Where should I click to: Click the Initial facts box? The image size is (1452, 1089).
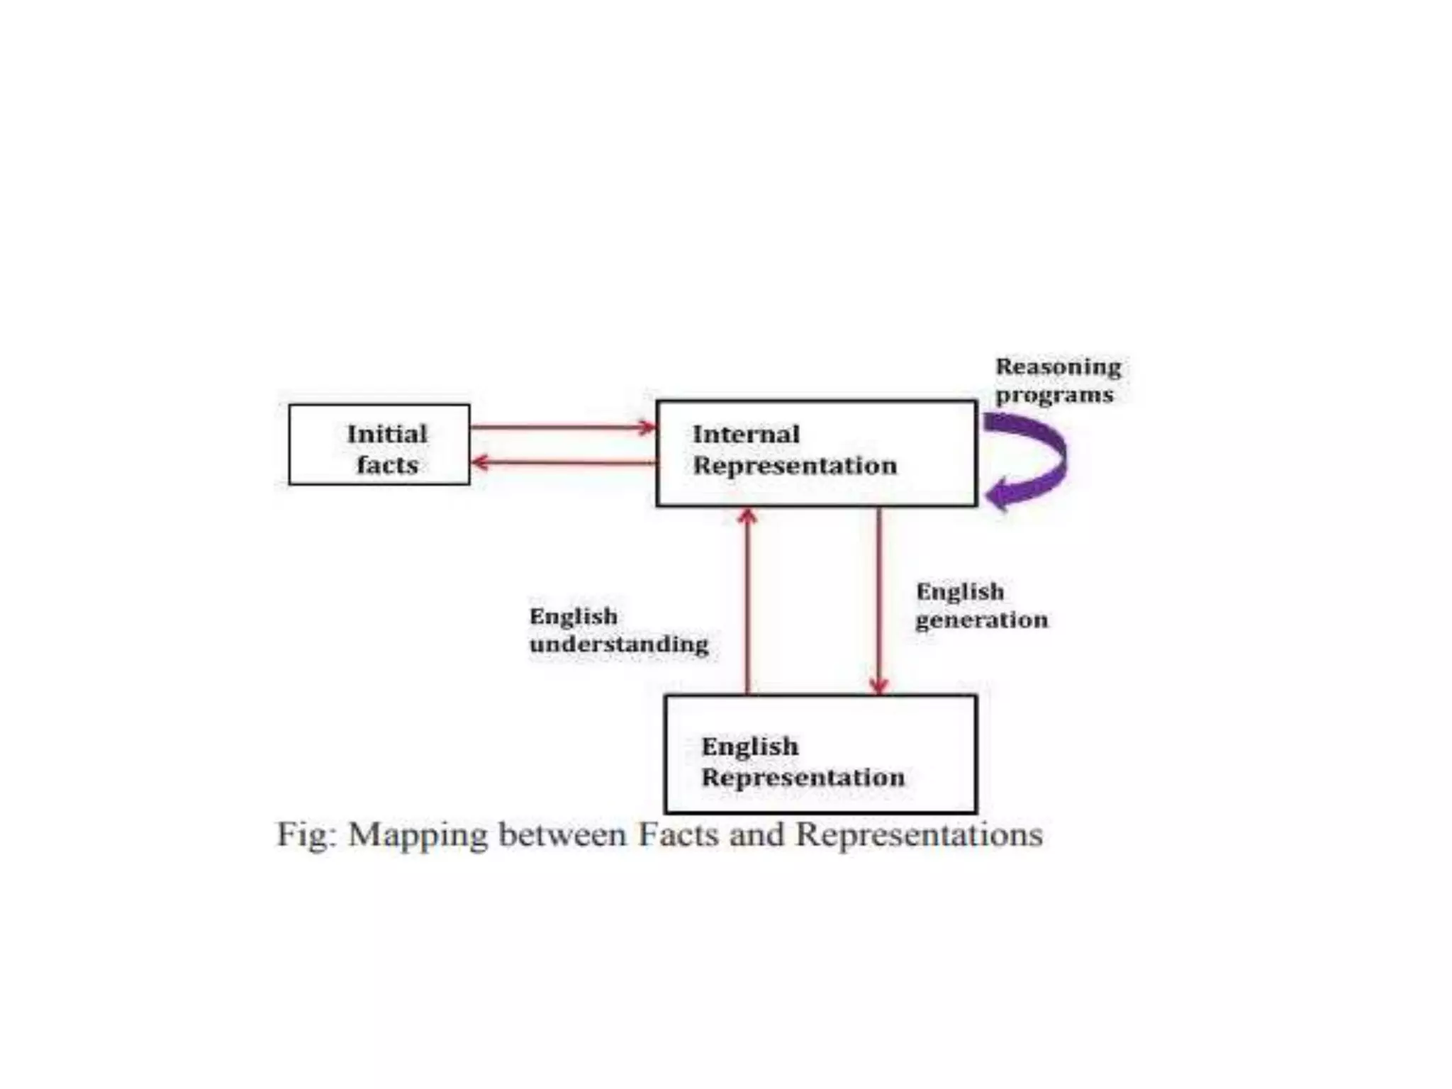point(379,445)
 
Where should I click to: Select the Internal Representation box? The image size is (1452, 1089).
point(816,454)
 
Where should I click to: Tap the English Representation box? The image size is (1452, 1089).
point(820,754)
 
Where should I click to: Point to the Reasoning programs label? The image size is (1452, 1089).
point(1058,381)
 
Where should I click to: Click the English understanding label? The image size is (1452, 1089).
point(618,630)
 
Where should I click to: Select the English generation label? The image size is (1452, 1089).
point(981,605)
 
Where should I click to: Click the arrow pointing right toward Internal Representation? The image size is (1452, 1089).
point(563,428)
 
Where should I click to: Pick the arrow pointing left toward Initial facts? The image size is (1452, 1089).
point(563,463)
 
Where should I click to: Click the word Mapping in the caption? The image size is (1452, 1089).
point(416,835)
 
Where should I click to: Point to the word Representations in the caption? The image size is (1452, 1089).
point(919,835)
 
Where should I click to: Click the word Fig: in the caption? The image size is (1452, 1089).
point(306,835)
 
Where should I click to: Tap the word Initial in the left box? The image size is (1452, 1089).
point(387,434)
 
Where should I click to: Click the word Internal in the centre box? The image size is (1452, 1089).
point(746,434)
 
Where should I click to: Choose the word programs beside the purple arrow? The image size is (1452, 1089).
point(1054,396)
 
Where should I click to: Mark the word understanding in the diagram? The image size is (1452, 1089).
point(618,644)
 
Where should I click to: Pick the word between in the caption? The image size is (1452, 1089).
point(563,834)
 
